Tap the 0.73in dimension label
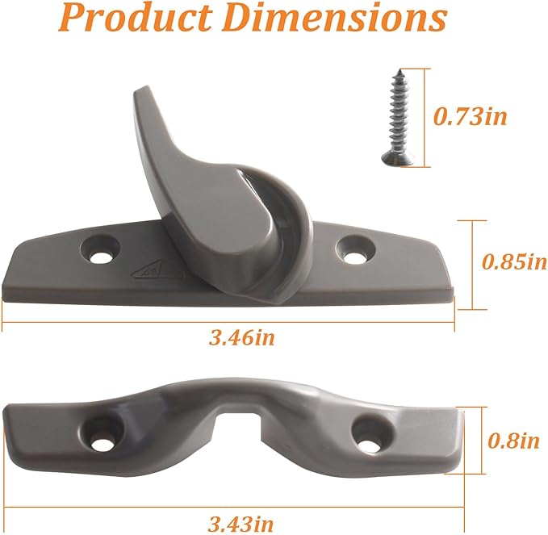coord(471,116)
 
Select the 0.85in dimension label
coord(514,261)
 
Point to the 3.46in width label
coord(241,337)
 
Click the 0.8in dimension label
coord(515,440)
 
